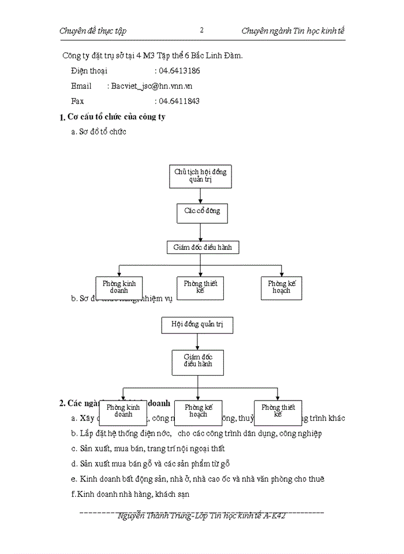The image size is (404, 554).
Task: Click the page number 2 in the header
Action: pyautogui.click(x=201, y=30)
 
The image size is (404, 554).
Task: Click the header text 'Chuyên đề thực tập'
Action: pyautogui.click(x=93, y=31)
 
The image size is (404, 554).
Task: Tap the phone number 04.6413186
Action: pyautogui.click(x=179, y=70)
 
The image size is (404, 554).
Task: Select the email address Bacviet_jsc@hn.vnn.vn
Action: pyautogui.click(x=152, y=85)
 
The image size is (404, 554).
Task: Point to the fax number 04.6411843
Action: pyautogui.click(x=179, y=101)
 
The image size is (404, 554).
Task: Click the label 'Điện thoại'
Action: pyautogui.click(x=89, y=70)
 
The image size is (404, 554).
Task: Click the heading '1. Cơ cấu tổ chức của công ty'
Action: pyautogui.click(x=113, y=117)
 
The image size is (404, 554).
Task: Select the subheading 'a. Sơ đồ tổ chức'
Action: pyautogui.click(x=98, y=132)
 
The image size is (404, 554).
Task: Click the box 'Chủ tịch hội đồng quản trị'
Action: pyautogui.click(x=200, y=175)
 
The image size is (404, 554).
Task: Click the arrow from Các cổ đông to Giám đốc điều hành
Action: pyautogui.click(x=200, y=231)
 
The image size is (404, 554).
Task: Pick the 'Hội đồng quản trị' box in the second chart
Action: pyautogui.click(x=197, y=325)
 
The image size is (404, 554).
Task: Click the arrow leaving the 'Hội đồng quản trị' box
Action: pyautogui.click(x=197, y=342)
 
